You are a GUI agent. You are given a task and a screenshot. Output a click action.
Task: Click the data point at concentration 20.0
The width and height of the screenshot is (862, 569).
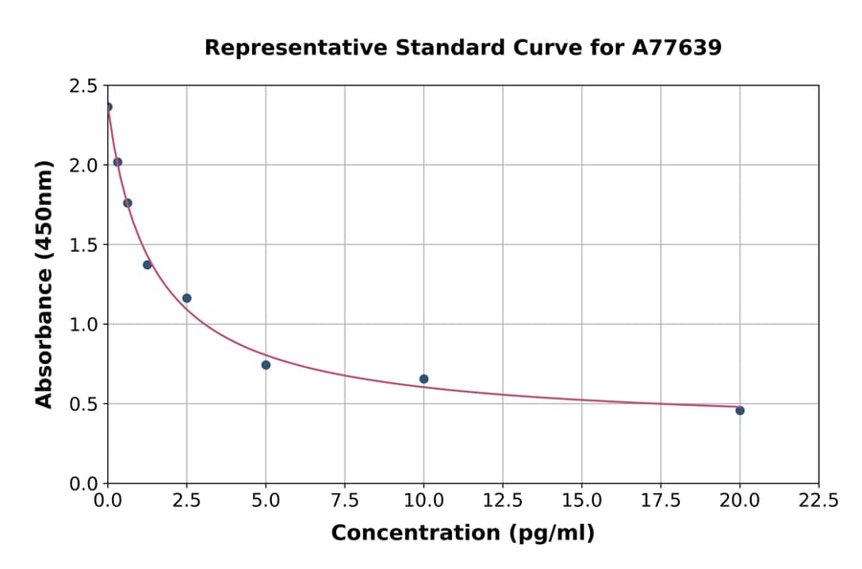point(739,410)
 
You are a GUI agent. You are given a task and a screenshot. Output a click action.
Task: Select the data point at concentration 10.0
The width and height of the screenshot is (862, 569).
point(423,379)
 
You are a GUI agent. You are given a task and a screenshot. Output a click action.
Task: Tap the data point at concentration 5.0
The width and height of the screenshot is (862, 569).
point(265,365)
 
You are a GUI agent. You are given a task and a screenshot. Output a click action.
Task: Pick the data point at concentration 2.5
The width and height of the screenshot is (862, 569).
point(187,298)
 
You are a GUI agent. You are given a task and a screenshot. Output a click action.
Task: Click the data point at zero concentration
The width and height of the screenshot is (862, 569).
point(108,107)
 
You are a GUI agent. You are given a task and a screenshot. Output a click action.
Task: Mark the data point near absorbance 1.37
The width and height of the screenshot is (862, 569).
point(147,264)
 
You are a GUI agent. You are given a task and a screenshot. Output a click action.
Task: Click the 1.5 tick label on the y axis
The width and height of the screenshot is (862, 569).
point(83,245)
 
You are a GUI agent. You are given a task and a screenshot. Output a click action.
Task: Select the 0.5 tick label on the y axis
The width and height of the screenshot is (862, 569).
point(83,404)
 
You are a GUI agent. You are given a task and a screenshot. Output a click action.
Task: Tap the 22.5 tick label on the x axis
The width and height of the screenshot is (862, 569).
point(818,501)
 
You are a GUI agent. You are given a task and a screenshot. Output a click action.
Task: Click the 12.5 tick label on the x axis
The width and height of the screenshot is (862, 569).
point(502,501)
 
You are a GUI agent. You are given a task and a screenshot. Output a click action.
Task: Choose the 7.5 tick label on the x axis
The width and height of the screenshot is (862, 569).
point(345,501)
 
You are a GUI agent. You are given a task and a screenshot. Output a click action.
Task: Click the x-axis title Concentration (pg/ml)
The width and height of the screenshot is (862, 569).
point(463,534)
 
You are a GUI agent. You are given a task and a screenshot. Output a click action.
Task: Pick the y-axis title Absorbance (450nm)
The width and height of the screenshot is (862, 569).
point(44,284)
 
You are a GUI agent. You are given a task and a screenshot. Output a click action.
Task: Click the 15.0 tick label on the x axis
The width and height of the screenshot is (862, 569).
point(581,501)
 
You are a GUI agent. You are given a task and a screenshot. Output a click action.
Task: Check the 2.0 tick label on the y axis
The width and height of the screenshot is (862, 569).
point(83,166)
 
